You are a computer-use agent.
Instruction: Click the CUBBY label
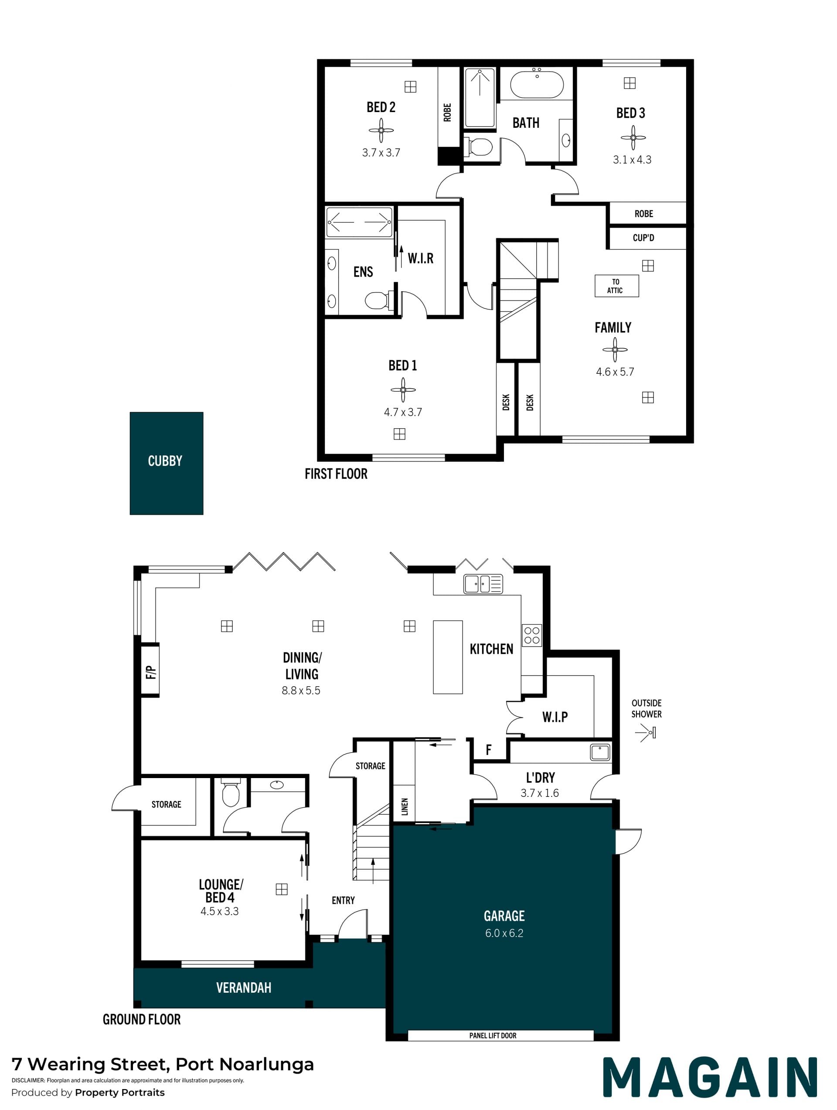coord(165,461)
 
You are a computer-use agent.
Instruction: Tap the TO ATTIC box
coord(616,286)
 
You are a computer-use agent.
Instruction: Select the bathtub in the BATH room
coord(537,84)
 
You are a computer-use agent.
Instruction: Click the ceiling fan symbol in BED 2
coord(381,130)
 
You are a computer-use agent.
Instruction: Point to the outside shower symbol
coord(646,734)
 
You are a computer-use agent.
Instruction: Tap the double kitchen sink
coord(483,584)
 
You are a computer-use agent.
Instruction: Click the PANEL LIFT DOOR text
coord(493,1035)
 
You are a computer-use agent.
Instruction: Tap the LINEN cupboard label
coord(405,806)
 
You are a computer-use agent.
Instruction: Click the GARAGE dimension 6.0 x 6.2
coord(504,933)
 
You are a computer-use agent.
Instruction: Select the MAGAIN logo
coord(710,1077)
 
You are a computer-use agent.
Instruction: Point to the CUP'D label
coord(643,237)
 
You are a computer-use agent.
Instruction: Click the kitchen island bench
coord(448,657)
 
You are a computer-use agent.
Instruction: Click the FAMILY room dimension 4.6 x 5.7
coord(615,372)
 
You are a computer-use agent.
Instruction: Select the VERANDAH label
coord(244,987)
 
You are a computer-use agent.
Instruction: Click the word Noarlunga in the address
coord(267,1064)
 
